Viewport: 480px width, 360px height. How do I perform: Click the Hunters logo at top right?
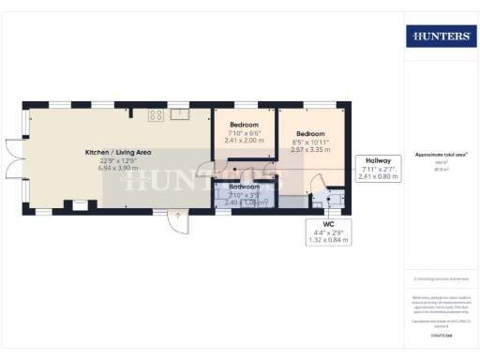439,36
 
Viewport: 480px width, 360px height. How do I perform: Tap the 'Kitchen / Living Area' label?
118,152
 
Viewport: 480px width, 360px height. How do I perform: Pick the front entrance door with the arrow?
176,218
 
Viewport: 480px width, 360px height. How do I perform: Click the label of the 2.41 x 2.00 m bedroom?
244,125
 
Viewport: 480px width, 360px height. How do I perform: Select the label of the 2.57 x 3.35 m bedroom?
310,134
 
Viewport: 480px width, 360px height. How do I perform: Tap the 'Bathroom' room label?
246,187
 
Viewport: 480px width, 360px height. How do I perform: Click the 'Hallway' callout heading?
378,160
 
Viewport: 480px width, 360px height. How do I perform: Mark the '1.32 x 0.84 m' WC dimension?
328,240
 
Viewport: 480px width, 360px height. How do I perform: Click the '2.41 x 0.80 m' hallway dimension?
378,177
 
